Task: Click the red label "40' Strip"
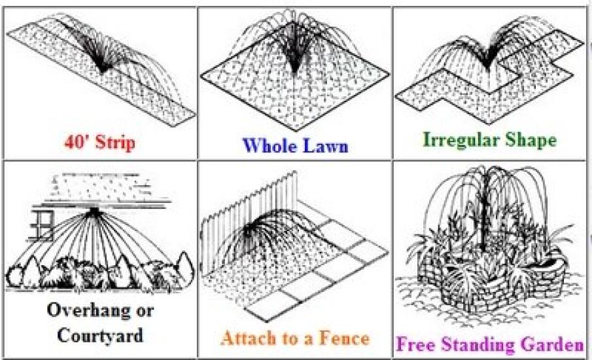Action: (99, 143)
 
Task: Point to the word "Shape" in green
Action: (531, 140)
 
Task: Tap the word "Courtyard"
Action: (100, 335)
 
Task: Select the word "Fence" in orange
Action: (343, 338)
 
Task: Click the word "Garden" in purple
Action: (552, 344)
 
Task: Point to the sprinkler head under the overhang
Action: (94, 211)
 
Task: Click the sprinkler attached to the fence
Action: (248, 231)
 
